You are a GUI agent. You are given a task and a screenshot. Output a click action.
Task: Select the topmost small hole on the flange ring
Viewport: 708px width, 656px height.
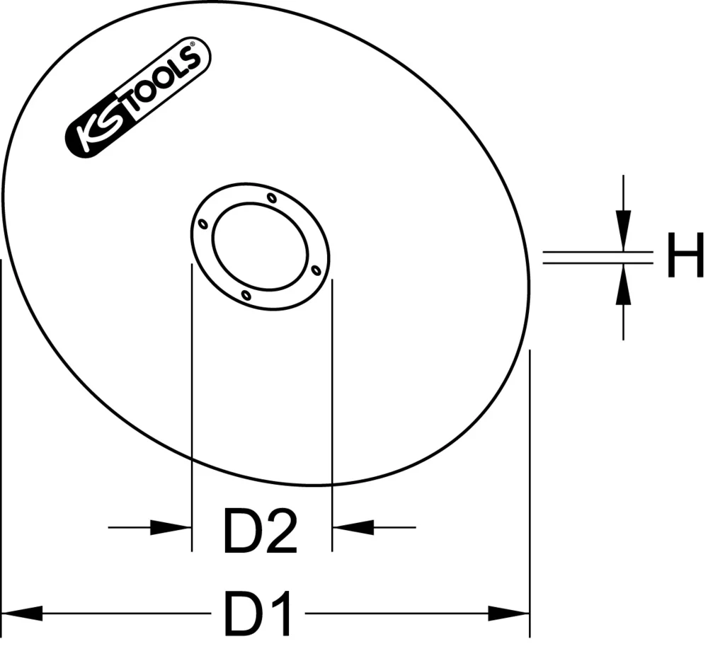272,198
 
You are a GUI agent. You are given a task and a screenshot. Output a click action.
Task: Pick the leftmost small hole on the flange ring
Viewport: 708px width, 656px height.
203,224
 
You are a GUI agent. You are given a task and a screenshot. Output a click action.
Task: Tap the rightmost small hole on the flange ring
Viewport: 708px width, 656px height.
316,269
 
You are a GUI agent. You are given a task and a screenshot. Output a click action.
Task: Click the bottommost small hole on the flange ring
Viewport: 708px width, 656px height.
245,294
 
